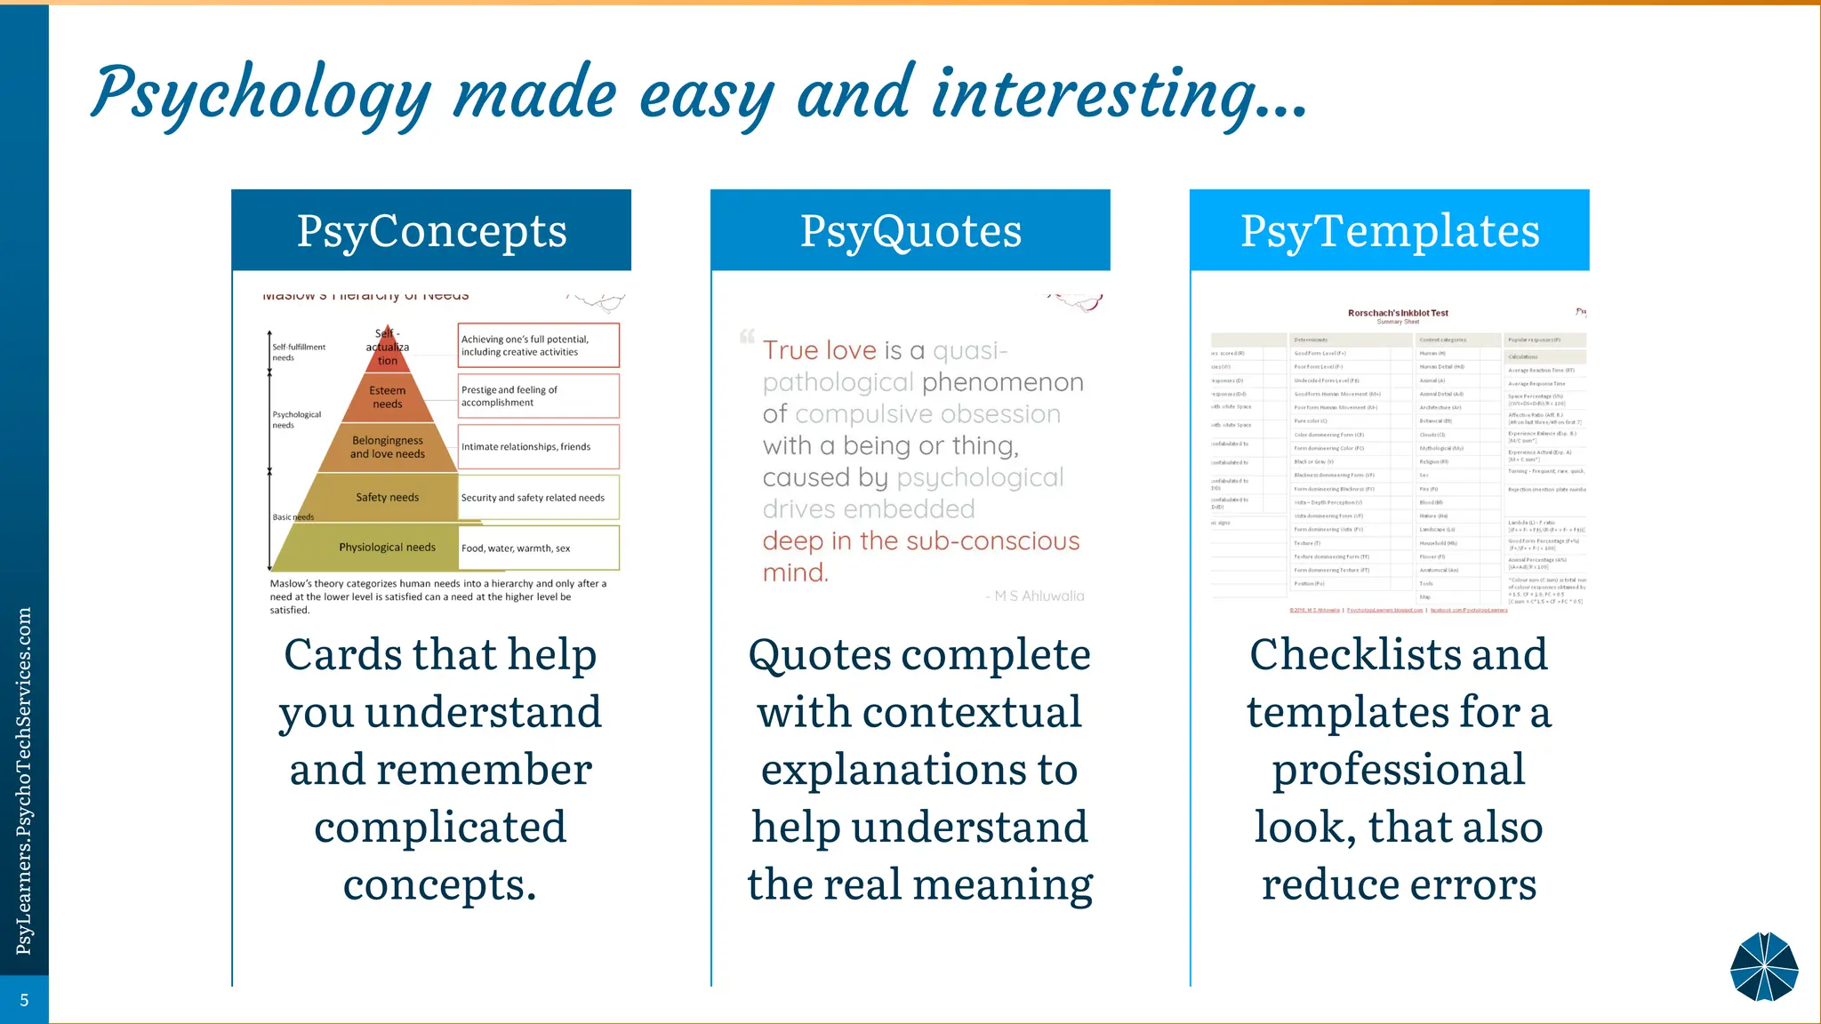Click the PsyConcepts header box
pos(431,230)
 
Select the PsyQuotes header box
pos(910,230)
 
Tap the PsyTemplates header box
pos(1390,230)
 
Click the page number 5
pos(24,1000)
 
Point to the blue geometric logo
pos(1764,967)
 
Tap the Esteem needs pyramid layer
pos(388,397)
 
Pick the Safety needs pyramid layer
pos(387,498)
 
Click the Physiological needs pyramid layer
pos(387,548)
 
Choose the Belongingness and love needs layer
pos(388,447)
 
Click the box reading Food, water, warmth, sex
pos(539,548)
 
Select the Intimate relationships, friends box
pos(539,447)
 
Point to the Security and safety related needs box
pos(539,498)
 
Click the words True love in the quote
pos(819,350)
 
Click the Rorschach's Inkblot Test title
pos(1398,313)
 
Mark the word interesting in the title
pos(1095,94)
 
